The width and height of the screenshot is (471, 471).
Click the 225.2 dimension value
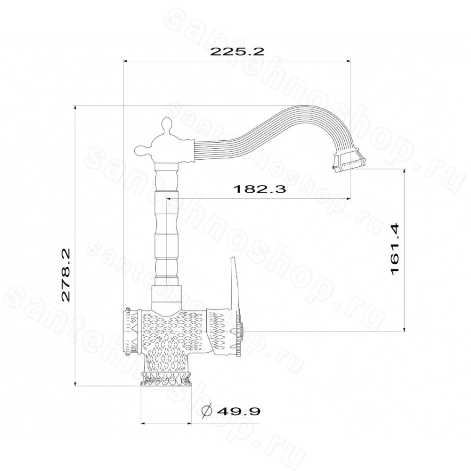(x=237, y=51)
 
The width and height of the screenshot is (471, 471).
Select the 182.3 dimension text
(x=260, y=189)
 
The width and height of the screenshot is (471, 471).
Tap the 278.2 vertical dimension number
(x=65, y=275)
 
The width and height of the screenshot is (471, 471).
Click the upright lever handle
(x=234, y=283)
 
